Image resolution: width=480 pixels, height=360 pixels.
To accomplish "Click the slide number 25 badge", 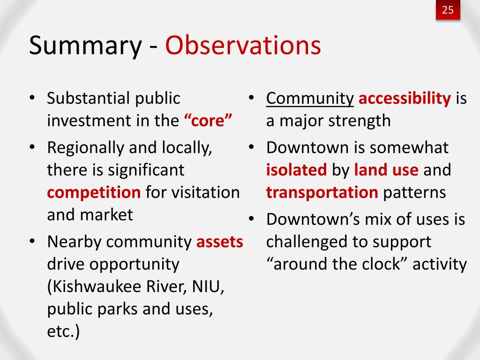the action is (x=448, y=10).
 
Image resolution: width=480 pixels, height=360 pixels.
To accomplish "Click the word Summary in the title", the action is (x=85, y=46).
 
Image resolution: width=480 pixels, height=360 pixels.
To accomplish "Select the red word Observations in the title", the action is (x=243, y=45).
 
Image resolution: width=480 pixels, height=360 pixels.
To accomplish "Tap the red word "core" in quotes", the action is (x=208, y=120).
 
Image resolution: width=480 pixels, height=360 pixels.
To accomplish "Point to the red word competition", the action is (x=94, y=193).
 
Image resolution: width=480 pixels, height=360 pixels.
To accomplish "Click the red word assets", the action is (x=220, y=242).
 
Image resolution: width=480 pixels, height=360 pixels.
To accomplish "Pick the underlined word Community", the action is (x=310, y=99).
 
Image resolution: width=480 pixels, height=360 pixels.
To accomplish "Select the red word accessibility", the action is (x=405, y=98).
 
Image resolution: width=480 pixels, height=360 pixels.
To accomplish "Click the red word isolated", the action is (x=296, y=170).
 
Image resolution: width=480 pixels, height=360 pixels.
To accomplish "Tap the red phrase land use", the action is (x=386, y=170).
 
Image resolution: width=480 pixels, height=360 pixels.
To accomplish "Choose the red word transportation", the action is (x=322, y=193).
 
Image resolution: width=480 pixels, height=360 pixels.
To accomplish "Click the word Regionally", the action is (x=85, y=148).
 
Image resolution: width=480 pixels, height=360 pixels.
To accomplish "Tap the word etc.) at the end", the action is (x=63, y=331).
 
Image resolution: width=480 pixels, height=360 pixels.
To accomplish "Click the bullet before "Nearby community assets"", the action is (x=32, y=241).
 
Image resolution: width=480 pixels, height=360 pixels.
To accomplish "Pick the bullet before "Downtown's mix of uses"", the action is (x=251, y=219).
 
